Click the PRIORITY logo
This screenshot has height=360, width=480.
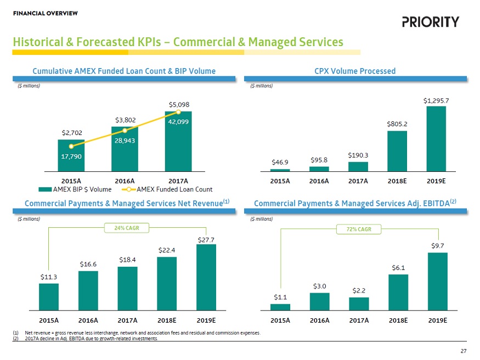[x=430, y=22]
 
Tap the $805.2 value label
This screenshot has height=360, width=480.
[x=398, y=123]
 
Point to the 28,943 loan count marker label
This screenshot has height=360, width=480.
[x=125, y=140]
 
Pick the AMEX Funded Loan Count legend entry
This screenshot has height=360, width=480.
[x=170, y=189]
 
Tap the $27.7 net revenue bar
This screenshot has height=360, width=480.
[x=206, y=277]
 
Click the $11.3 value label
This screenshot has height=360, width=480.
[x=48, y=277]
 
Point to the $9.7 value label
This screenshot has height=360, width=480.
[x=437, y=246]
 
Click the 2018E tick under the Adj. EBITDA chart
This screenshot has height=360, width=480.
[x=398, y=320]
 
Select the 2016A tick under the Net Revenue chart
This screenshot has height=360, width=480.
[x=88, y=320]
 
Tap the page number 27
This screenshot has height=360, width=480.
[x=464, y=351]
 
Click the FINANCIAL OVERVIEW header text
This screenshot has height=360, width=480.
[x=45, y=13]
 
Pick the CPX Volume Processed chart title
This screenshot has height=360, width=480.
[x=355, y=71]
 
